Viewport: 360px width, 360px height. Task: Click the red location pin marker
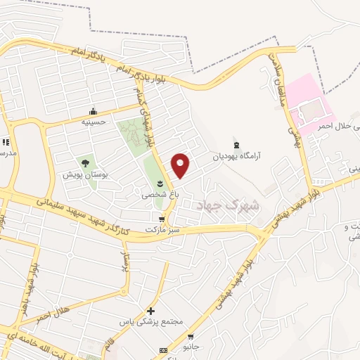pos(181,165)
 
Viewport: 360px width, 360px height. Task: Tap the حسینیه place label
pos(93,121)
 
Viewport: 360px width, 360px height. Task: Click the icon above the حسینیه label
pos(93,111)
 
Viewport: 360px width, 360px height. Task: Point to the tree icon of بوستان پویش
pos(85,163)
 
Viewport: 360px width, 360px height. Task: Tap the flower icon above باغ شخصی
pos(160,184)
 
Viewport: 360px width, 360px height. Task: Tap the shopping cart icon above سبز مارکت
pos(162,219)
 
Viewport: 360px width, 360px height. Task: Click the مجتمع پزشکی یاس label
pos(152,321)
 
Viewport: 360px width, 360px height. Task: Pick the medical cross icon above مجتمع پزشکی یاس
pos(150,311)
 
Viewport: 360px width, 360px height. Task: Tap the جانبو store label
pos(191,347)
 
